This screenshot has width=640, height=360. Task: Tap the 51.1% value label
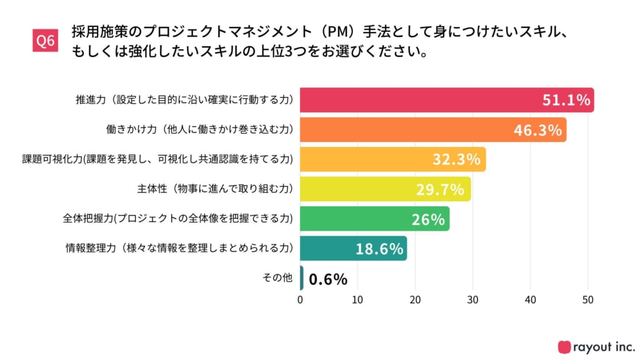pyautogui.click(x=565, y=100)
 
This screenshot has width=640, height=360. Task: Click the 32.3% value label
pyautogui.click(x=456, y=159)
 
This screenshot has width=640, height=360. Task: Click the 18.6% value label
pyautogui.click(x=379, y=249)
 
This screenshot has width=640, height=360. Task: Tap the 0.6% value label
pyautogui.click(x=328, y=279)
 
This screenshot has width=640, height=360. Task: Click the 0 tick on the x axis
pyautogui.click(x=301, y=299)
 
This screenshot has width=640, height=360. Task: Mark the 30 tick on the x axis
pyautogui.click(x=473, y=299)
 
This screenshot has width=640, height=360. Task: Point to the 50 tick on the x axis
pyautogui.click(x=588, y=299)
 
